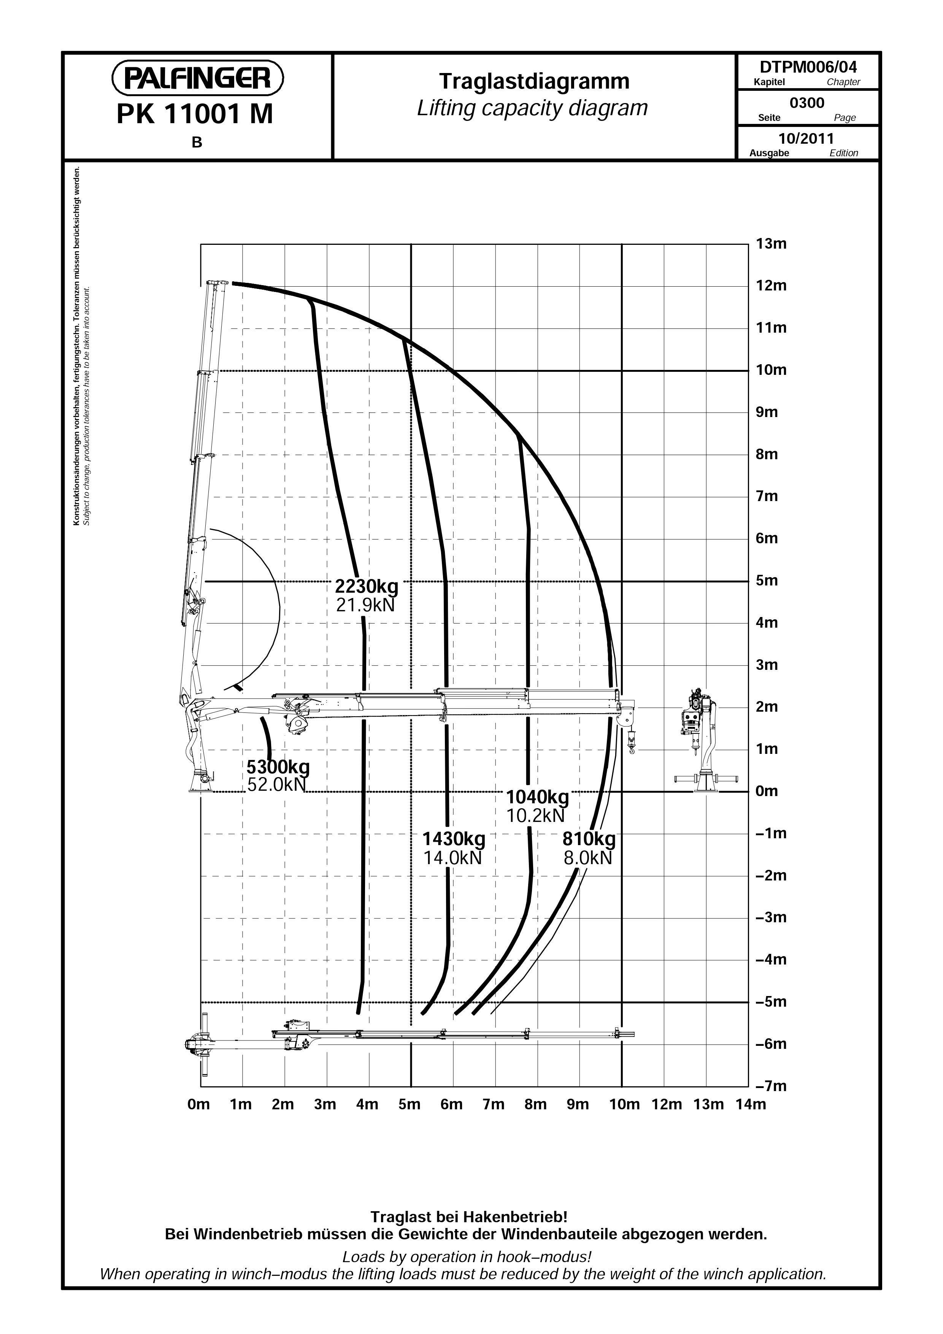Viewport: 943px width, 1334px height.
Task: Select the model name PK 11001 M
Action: point(195,114)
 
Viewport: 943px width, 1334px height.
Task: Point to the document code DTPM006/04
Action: point(808,67)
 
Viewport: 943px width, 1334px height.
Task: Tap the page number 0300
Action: point(807,103)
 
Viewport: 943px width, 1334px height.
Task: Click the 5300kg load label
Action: point(278,767)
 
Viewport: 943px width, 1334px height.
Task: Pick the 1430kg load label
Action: point(453,839)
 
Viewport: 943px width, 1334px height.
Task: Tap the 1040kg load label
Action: point(537,796)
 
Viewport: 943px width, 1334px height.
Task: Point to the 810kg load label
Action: point(589,839)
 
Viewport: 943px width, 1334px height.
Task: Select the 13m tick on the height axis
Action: point(771,244)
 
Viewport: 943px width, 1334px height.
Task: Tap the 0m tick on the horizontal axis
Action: point(199,1104)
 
